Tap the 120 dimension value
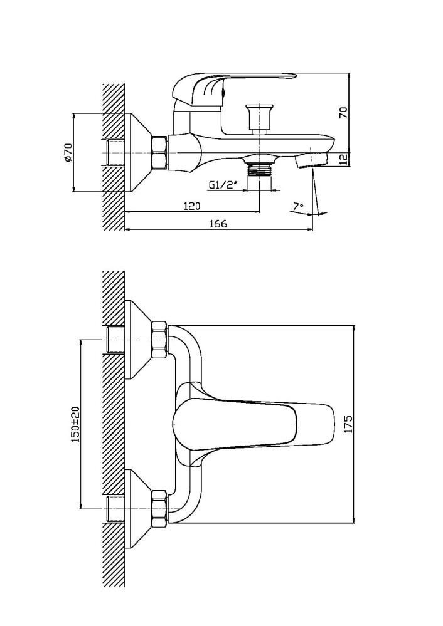[x=192, y=206]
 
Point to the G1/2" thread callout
[x=222, y=185]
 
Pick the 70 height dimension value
[x=343, y=113]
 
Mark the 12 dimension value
[x=343, y=159]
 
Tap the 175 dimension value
[x=349, y=425]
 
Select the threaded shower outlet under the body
[x=259, y=169]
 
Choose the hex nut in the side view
[x=159, y=152]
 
